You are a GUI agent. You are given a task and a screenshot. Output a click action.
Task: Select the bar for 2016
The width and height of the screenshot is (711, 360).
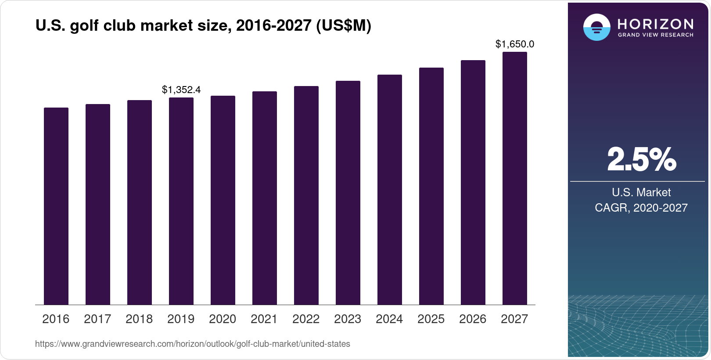[56, 206]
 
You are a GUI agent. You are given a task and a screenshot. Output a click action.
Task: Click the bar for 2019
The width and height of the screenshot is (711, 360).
[181, 201]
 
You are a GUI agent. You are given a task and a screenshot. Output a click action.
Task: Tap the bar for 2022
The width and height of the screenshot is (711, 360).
[306, 195]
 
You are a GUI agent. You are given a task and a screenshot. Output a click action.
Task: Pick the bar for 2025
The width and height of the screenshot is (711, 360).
[431, 186]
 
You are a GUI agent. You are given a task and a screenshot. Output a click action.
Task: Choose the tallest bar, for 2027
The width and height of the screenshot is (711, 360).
[515, 178]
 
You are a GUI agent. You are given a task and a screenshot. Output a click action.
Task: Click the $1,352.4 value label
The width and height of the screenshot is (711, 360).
[181, 90]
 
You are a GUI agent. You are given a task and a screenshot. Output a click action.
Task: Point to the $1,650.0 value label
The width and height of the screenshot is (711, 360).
[515, 44]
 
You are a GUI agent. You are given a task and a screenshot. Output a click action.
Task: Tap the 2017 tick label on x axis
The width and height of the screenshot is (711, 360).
[97, 319]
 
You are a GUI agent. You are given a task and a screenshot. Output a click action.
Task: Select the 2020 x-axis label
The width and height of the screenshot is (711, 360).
[223, 319]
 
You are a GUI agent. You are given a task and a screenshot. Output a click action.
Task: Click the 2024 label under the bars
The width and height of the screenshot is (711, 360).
[389, 319]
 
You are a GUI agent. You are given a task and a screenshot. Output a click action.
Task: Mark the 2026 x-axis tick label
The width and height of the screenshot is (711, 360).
[473, 319]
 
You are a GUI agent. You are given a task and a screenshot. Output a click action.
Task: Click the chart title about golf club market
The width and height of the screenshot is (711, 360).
[203, 26]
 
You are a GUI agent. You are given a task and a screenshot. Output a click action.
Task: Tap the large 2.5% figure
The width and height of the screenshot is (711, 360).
[641, 160]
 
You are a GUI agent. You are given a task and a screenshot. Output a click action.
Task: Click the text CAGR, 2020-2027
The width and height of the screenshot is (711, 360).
[641, 208]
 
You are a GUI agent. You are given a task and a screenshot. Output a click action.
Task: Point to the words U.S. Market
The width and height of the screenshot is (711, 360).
[641, 192]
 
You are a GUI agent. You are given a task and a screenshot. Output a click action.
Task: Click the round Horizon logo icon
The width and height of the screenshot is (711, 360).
[596, 27]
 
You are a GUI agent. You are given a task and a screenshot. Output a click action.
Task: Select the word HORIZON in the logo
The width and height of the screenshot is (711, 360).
[655, 24]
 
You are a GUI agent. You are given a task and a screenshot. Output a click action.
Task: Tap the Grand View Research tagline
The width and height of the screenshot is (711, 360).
[655, 35]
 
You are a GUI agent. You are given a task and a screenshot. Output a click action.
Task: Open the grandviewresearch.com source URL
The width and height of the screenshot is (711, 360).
[193, 344]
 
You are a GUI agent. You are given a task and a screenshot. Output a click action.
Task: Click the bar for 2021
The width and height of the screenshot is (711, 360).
[265, 198]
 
